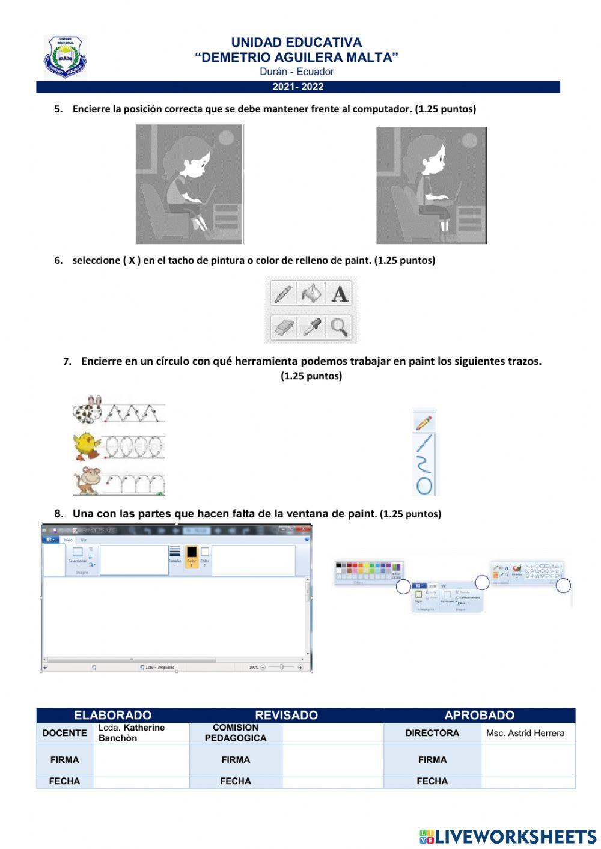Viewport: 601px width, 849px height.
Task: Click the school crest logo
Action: point(65,57)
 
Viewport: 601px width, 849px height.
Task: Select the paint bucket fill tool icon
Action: point(311,294)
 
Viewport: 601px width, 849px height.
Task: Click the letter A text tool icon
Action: point(340,294)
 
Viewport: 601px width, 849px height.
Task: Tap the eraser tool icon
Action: point(283,327)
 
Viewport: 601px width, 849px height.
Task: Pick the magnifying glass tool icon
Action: point(340,327)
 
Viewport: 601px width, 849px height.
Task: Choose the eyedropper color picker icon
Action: point(311,327)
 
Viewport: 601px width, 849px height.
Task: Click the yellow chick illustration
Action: point(87,446)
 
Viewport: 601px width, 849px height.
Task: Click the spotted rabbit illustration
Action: point(88,410)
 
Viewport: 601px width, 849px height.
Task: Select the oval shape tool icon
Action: point(424,485)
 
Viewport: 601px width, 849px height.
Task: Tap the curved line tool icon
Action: point(424,464)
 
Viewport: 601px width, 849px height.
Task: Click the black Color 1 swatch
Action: point(191,552)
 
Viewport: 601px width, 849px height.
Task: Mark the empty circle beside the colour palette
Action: point(403,587)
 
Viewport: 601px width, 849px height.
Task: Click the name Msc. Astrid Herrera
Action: point(525,733)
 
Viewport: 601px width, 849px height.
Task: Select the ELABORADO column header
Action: point(112,715)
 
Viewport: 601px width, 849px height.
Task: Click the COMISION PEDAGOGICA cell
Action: point(236,733)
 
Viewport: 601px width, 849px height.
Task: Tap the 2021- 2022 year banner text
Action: point(298,87)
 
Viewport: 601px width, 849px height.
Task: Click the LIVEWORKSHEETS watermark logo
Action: point(507,836)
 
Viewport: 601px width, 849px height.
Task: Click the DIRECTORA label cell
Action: point(432,733)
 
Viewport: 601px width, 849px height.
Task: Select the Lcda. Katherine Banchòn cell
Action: point(141,733)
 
